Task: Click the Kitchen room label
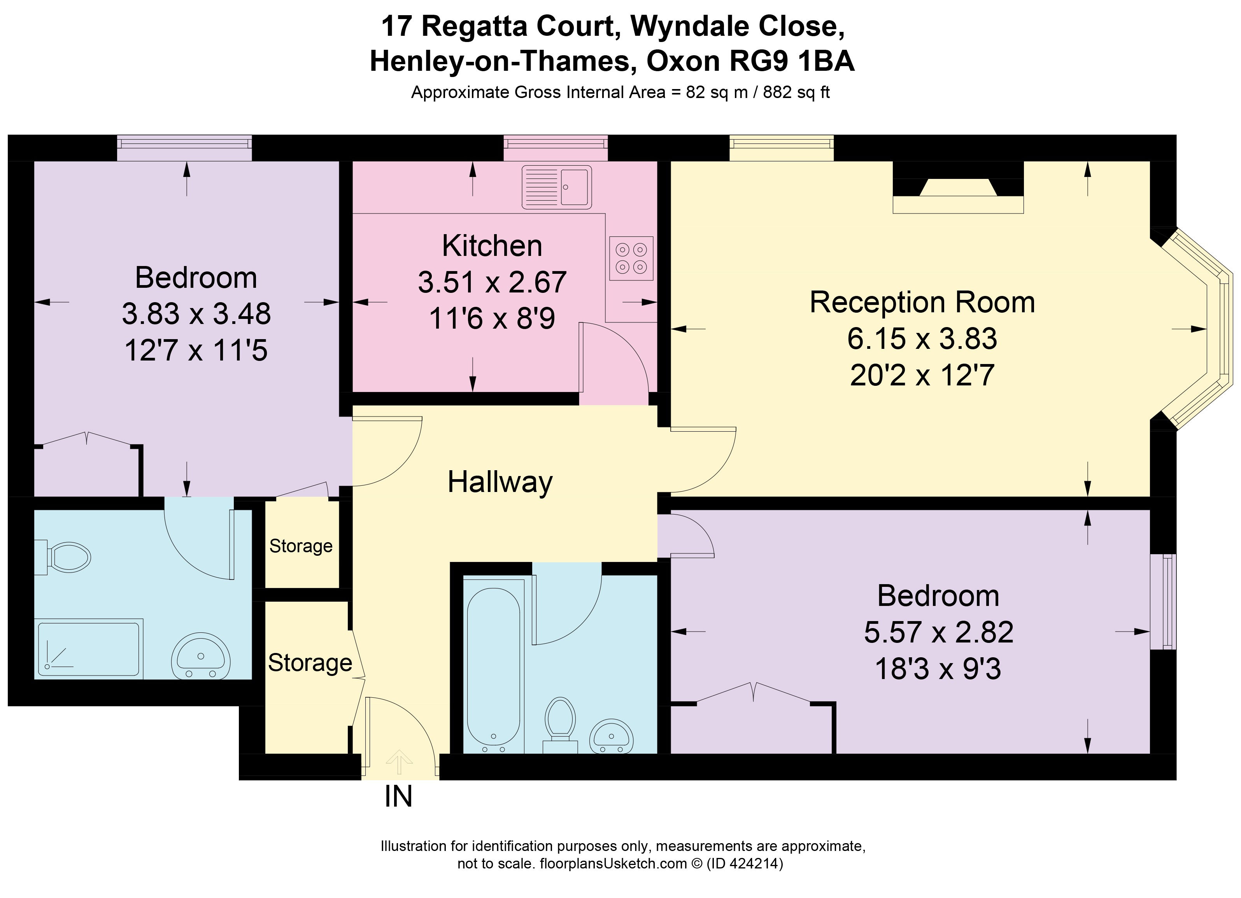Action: [492, 246]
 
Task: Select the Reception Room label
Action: [922, 303]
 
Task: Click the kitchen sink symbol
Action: [556, 187]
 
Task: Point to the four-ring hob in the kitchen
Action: [631, 258]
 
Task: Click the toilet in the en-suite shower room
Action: [65, 558]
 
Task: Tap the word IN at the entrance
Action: [398, 797]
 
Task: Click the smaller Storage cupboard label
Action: [301, 546]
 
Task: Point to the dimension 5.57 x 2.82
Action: [938, 632]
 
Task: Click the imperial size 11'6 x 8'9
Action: [492, 318]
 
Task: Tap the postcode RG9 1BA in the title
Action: [792, 61]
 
